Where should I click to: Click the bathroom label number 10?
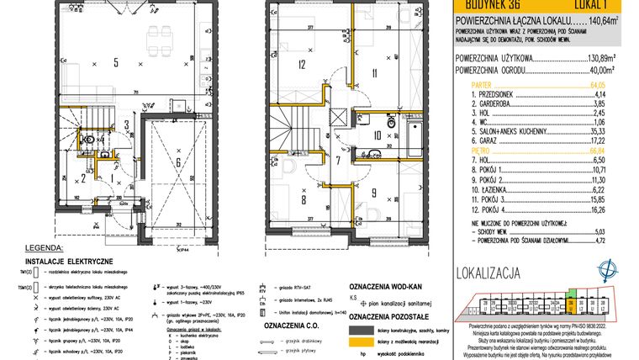pos(378,134)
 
